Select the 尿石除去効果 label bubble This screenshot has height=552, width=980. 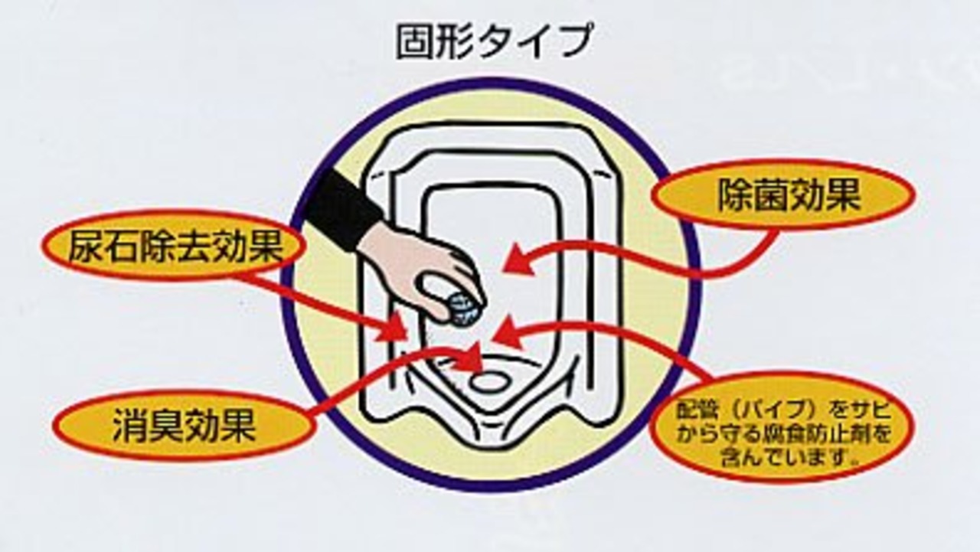coord(175,247)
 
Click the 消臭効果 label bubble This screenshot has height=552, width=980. coord(184,425)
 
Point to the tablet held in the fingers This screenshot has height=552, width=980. coord(464,311)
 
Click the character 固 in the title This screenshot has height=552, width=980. coord(412,41)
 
